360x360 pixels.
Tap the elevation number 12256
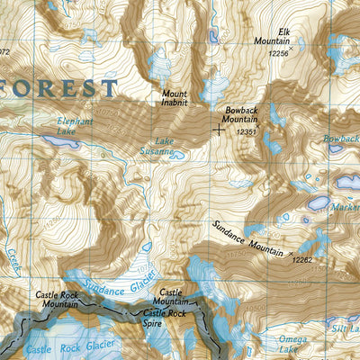[x=282, y=54]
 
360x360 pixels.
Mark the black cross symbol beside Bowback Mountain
[x=219, y=129]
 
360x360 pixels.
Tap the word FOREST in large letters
[x=58, y=88]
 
